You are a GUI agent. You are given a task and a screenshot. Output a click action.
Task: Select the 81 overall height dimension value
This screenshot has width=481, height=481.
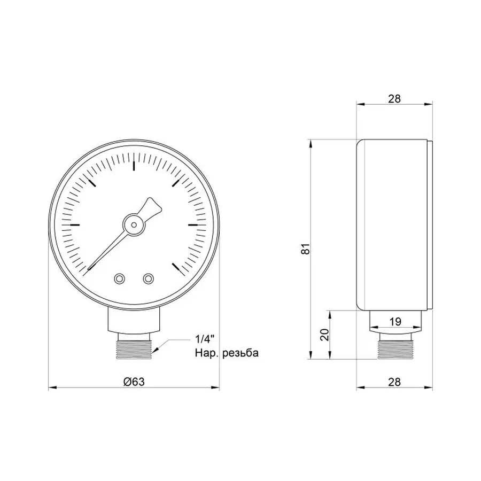point(305,249)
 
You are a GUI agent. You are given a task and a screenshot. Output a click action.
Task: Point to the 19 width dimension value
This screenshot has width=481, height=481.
point(395,322)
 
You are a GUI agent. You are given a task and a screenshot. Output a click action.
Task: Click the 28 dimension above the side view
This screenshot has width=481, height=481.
point(394,98)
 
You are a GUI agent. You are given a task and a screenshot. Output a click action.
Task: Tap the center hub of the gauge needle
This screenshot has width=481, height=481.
point(133,224)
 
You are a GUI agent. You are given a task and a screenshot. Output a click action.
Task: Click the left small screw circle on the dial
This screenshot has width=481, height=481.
point(119,278)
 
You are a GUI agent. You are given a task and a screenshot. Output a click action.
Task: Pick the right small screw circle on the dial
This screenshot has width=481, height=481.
point(148,278)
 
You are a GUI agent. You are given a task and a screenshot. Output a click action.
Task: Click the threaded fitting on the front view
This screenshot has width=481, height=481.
point(134,347)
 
